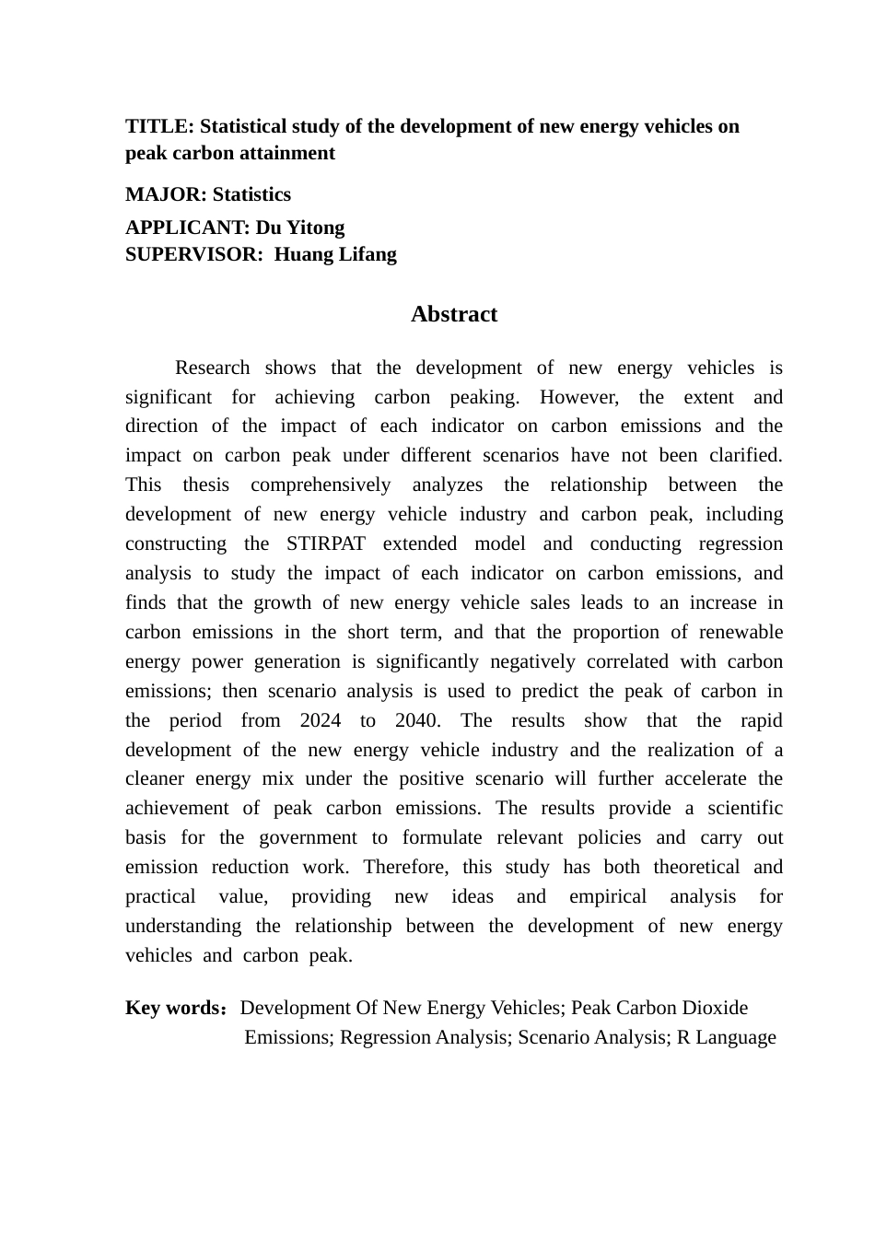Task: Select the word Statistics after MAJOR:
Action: [251, 194]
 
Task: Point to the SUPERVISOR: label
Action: [193, 254]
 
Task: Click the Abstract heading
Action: [453, 314]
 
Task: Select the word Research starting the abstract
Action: [212, 368]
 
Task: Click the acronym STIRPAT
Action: [325, 543]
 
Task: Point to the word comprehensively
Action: [321, 485]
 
